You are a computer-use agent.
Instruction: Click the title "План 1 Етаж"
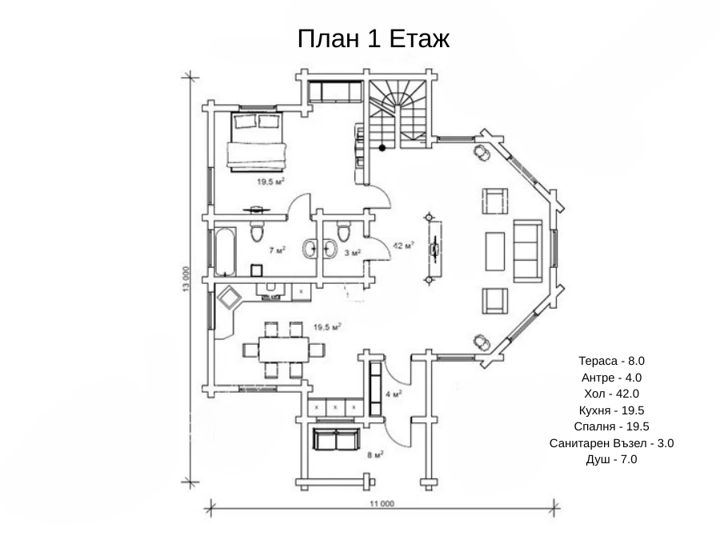click(x=374, y=38)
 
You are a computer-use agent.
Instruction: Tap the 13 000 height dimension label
click(x=186, y=279)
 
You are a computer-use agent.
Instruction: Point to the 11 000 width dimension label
click(x=382, y=504)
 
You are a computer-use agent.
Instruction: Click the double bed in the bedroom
click(x=256, y=141)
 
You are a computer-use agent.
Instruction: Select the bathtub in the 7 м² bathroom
click(x=226, y=252)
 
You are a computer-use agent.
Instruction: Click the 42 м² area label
click(x=404, y=246)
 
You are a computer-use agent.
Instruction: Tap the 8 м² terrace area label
click(x=375, y=455)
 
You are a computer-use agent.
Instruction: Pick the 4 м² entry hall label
click(x=394, y=394)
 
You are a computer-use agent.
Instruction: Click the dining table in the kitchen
click(x=285, y=350)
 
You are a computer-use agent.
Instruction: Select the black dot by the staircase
click(x=382, y=148)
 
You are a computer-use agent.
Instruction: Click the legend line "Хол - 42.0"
click(x=611, y=394)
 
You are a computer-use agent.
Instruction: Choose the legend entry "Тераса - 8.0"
click(x=611, y=361)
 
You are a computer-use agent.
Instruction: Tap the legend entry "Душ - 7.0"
click(x=611, y=459)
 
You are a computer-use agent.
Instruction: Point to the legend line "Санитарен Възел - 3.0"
click(x=611, y=443)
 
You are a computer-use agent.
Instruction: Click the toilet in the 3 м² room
click(x=343, y=230)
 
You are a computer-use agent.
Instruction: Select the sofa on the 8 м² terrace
click(x=336, y=439)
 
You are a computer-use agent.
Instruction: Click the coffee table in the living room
click(x=495, y=251)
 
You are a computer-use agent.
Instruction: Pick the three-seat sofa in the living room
click(x=528, y=250)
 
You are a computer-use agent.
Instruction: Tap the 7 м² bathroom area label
click(x=278, y=250)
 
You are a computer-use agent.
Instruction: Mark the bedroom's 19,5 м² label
click(x=270, y=182)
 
